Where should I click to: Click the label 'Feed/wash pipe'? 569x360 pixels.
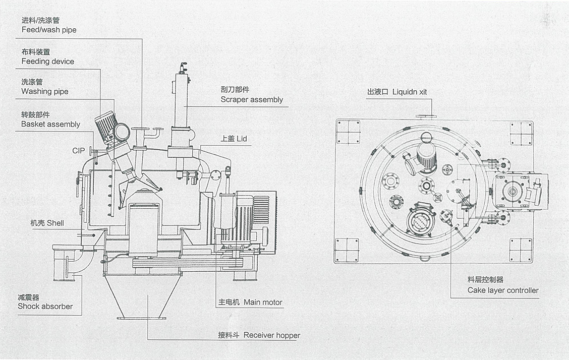49,30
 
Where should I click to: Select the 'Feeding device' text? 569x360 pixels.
47,61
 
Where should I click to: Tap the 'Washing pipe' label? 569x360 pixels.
44,91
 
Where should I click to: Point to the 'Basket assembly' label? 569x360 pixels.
50,124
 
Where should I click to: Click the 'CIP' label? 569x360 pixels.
78,151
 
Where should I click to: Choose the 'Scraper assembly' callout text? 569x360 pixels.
252,99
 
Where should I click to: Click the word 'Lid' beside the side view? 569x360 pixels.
242,138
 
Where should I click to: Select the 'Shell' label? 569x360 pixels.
55,223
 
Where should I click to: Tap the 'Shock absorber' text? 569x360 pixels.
45,306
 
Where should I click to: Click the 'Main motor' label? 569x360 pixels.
263,303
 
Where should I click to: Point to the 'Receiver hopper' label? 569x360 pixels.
271,335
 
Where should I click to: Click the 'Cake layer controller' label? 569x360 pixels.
502,290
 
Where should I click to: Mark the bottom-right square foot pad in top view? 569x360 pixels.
521,250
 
